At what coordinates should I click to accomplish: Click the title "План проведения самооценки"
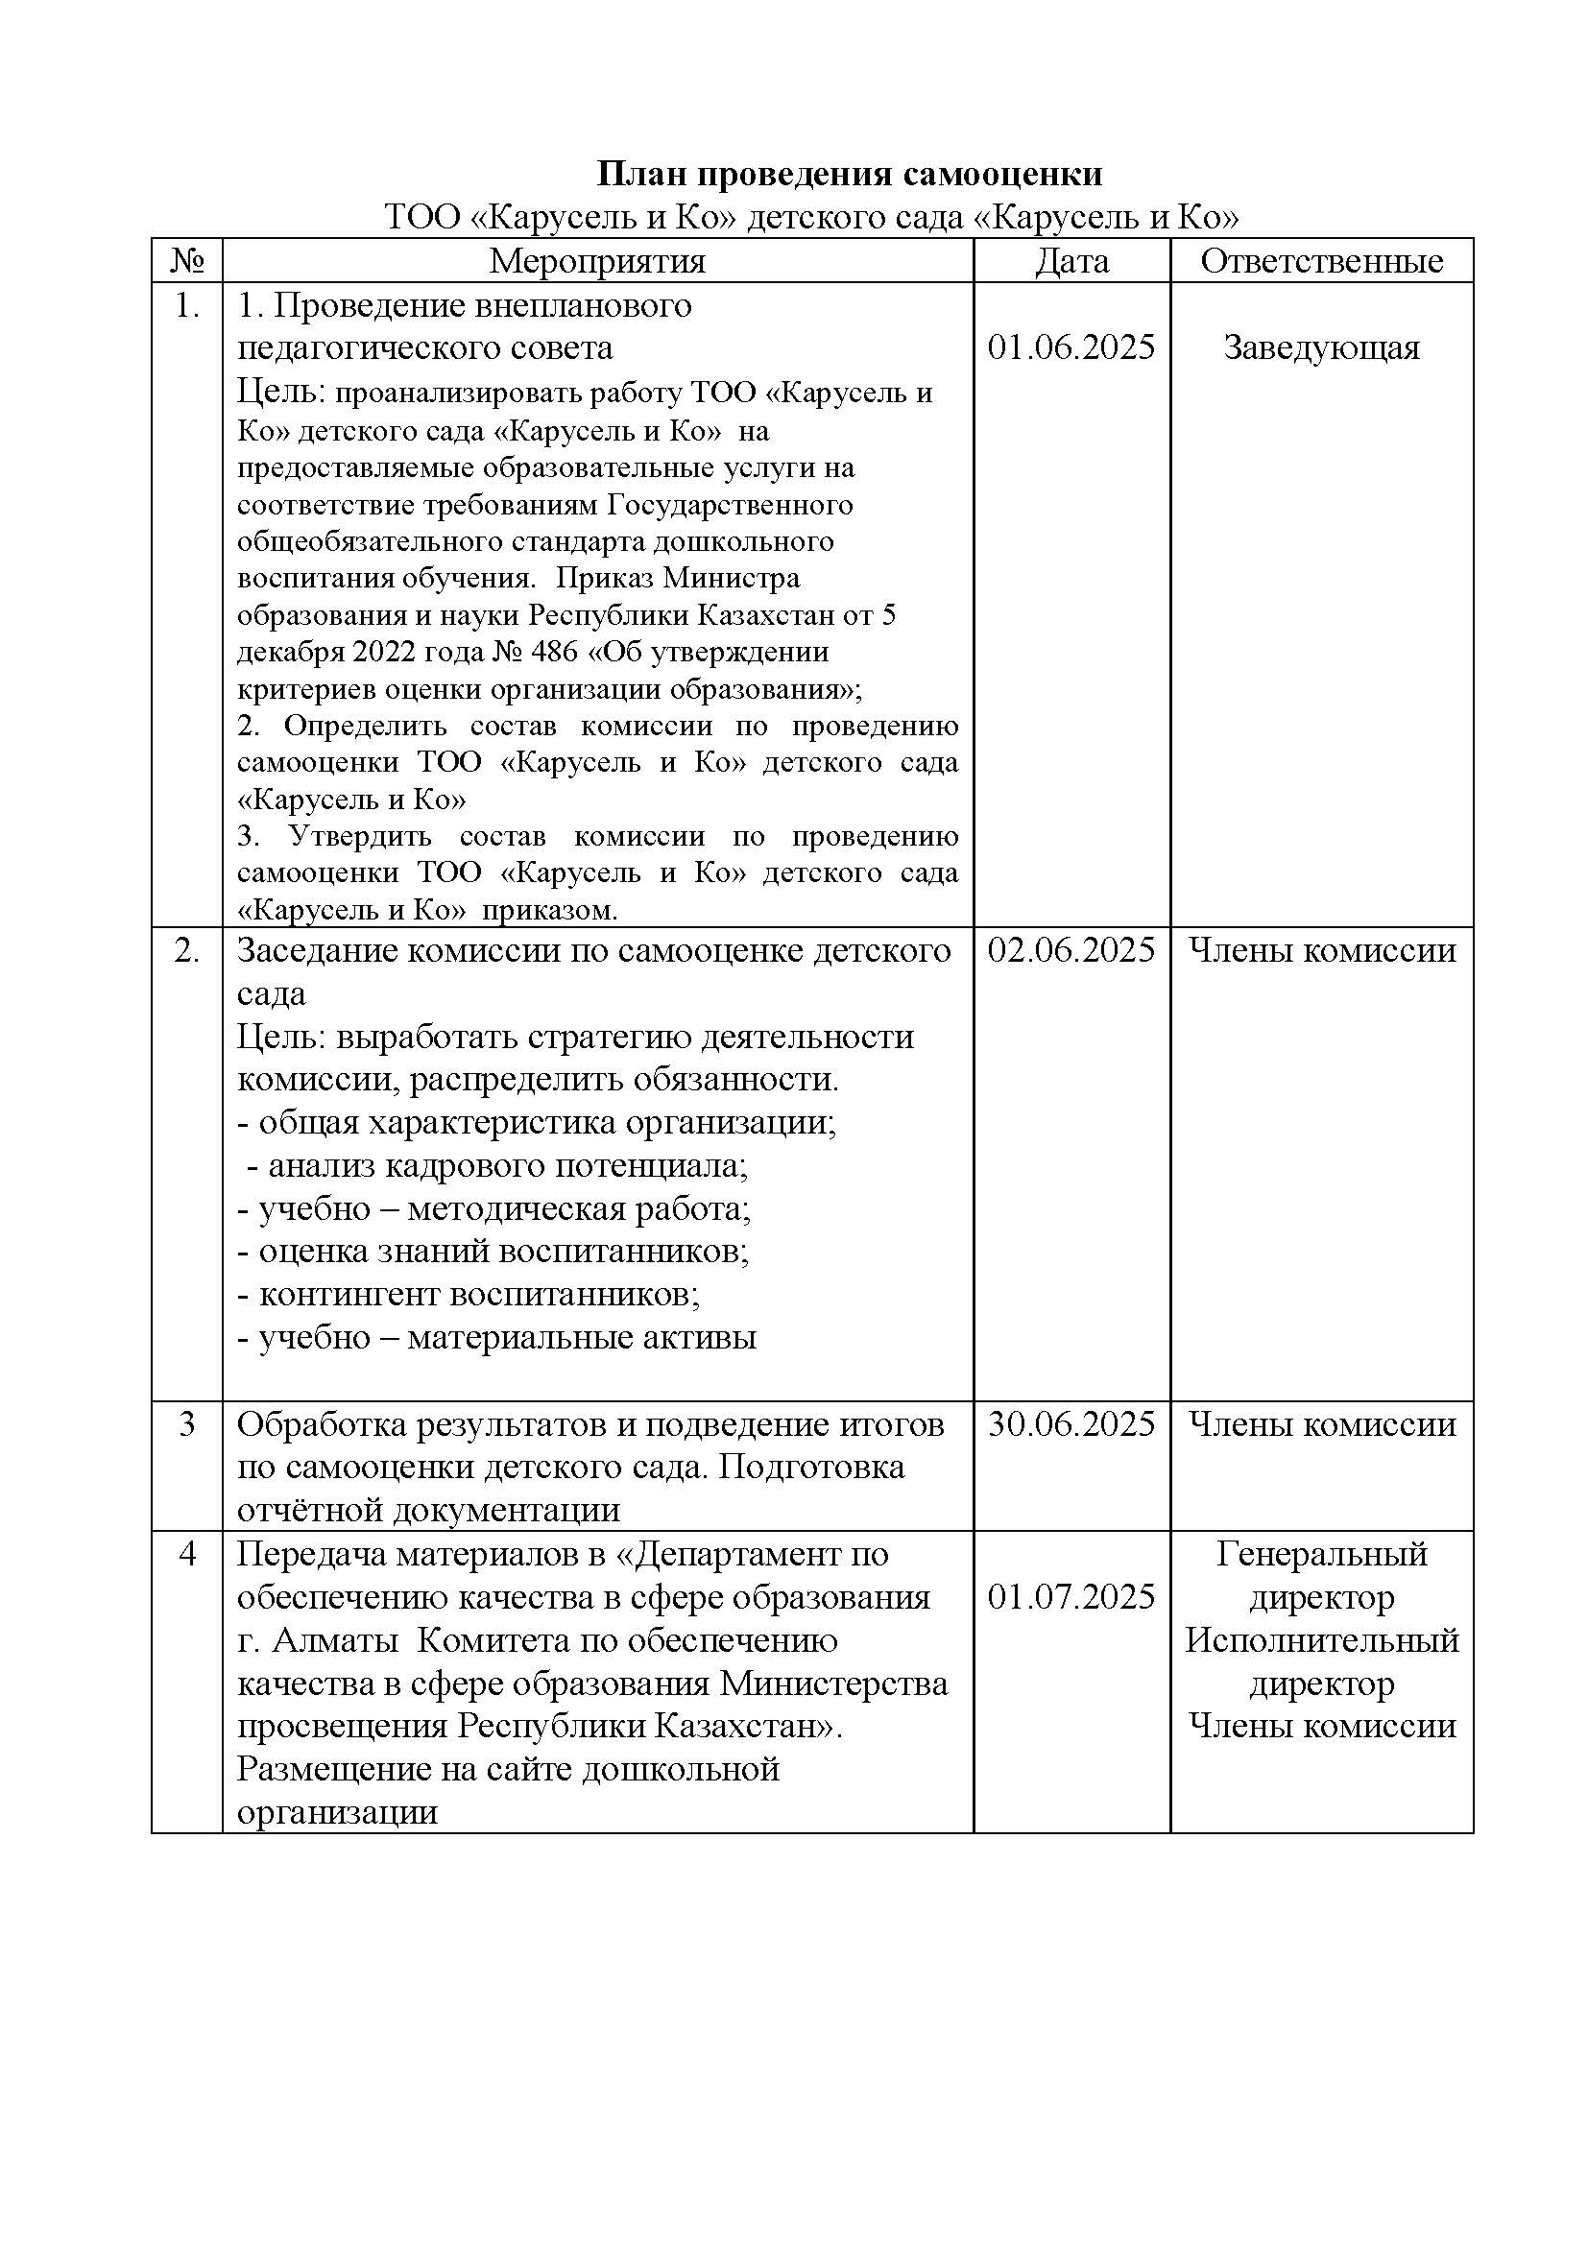click(x=850, y=174)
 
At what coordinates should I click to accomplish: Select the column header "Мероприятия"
click(x=596, y=261)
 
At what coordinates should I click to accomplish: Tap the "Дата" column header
click(x=1071, y=261)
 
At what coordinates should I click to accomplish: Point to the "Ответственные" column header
click(x=1321, y=261)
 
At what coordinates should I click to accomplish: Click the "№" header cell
click(x=187, y=261)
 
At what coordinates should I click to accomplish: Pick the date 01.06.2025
click(x=1071, y=347)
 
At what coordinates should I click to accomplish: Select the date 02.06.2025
click(x=1071, y=950)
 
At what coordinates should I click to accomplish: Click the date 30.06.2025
click(x=1071, y=1423)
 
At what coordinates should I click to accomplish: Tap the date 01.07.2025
click(x=1071, y=1597)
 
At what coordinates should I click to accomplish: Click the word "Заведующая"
click(x=1321, y=347)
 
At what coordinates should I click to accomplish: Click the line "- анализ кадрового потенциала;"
click(x=495, y=1165)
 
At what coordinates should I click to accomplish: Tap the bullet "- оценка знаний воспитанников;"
click(x=493, y=1252)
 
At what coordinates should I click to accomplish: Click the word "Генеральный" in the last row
click(x=1321, y=1554)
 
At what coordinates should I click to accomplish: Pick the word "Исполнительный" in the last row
click(x=1321, y=1639)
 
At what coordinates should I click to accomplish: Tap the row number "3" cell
click(x=187, y=1423)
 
